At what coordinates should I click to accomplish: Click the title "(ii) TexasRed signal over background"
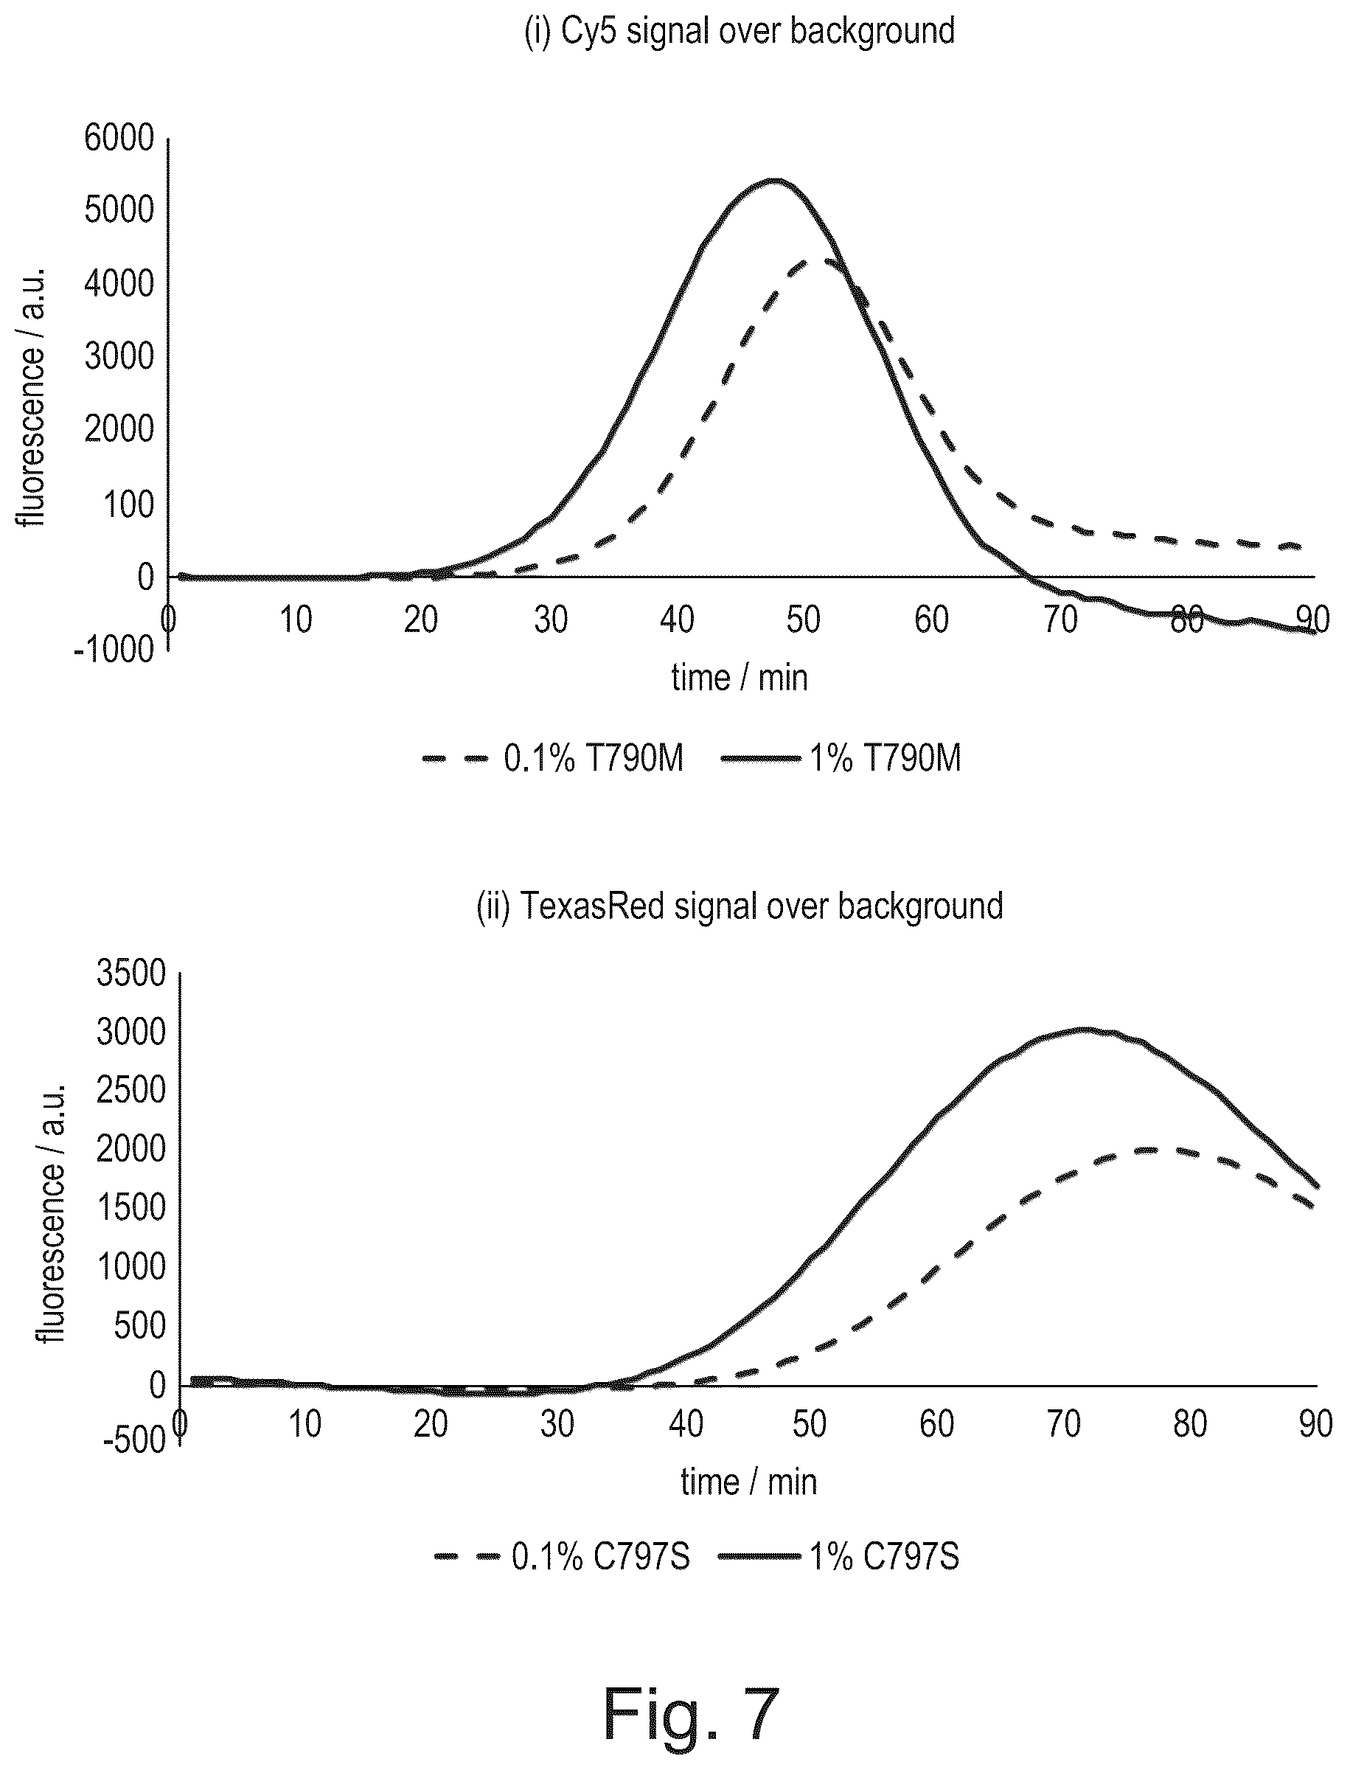point(740,906)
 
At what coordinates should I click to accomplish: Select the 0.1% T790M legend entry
point(553,758)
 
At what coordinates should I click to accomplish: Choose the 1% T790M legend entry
point(841,758)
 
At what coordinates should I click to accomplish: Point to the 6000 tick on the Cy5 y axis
point(119,138)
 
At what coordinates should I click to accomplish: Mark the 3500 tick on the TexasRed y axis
point(131,974)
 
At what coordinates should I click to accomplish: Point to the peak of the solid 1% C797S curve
point(1084,1029)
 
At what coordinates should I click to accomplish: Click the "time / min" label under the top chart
point(740,678)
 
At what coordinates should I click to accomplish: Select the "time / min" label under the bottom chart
point(749,1482)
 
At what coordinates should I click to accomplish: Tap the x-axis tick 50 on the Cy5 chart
point(804,619)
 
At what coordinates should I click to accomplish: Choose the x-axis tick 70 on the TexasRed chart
point(1063,1423)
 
